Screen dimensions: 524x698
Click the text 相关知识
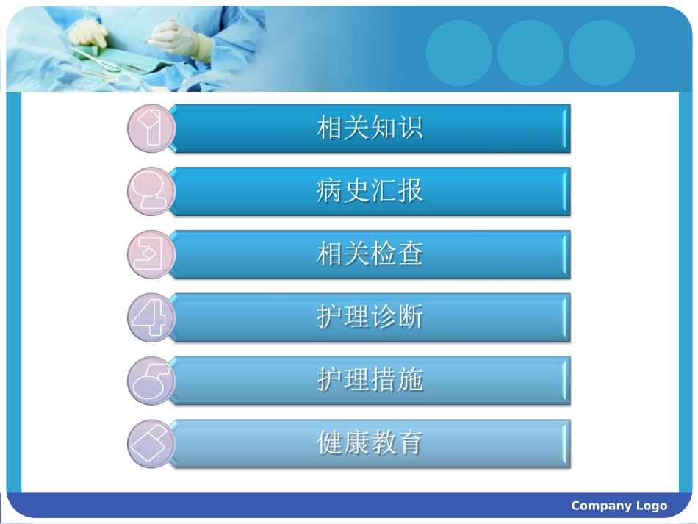click(370, 129)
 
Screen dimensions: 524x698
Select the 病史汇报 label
click(370, 191)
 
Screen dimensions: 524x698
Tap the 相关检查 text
click(370, 254)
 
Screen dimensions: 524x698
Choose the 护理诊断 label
click(370, 317)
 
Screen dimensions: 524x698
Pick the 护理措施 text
click(370, 380)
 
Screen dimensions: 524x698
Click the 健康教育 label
click(370, 443)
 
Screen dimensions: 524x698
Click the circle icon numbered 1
click(151, 129)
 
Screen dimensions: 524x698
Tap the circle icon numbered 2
click(151, 191)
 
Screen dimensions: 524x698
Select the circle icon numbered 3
click(151, 254)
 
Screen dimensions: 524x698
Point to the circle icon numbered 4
click(151, 317)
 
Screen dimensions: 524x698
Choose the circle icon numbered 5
click(151, 380)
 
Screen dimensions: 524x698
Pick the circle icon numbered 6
click(151, 443)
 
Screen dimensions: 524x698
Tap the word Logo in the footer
click(652, 506)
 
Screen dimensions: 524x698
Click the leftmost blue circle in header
click(458, 52)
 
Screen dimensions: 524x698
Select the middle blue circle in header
click(530, 52)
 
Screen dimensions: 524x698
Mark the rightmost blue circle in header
click(601, 52)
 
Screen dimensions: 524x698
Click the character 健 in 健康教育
click(330, 443)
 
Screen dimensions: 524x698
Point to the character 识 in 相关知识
click(410, 129)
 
